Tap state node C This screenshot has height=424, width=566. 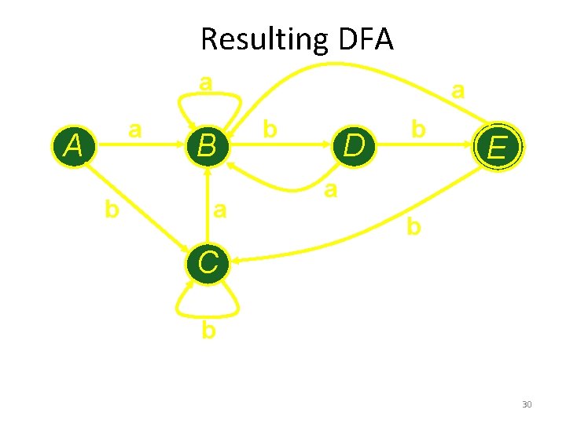point(208,262)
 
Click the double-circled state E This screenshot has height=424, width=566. point(497,146)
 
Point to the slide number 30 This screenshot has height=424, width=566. point(527,404)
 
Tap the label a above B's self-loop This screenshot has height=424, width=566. point(205,82)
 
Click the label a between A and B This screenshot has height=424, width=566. point(135,128)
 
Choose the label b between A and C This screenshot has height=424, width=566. point(112,209)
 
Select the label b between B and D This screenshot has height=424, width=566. point(270,128)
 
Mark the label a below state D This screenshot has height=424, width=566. point(331,189)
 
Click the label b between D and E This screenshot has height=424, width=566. point(419,128)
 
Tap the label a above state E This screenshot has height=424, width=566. point(458,91)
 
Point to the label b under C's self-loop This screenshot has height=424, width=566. point(208,330)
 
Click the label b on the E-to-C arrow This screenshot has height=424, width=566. point(413,227)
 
